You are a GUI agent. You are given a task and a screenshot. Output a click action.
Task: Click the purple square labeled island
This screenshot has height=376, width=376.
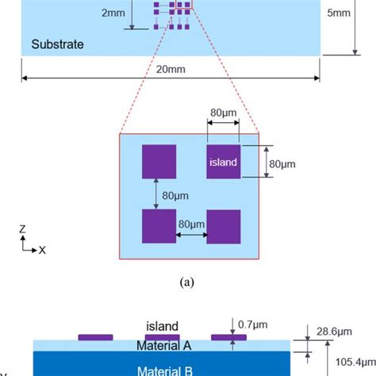223,162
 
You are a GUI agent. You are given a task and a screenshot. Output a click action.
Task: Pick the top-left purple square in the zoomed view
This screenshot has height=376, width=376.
159,162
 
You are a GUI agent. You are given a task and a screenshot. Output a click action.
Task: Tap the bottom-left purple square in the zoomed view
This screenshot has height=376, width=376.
159,226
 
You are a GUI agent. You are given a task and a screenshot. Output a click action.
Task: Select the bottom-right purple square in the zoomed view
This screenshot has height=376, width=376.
223,226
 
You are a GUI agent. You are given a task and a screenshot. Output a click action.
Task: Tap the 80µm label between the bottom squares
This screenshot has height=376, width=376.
191,224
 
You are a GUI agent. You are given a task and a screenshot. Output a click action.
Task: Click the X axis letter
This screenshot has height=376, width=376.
43,249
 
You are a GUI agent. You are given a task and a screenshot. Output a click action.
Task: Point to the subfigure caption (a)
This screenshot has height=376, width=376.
188,281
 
